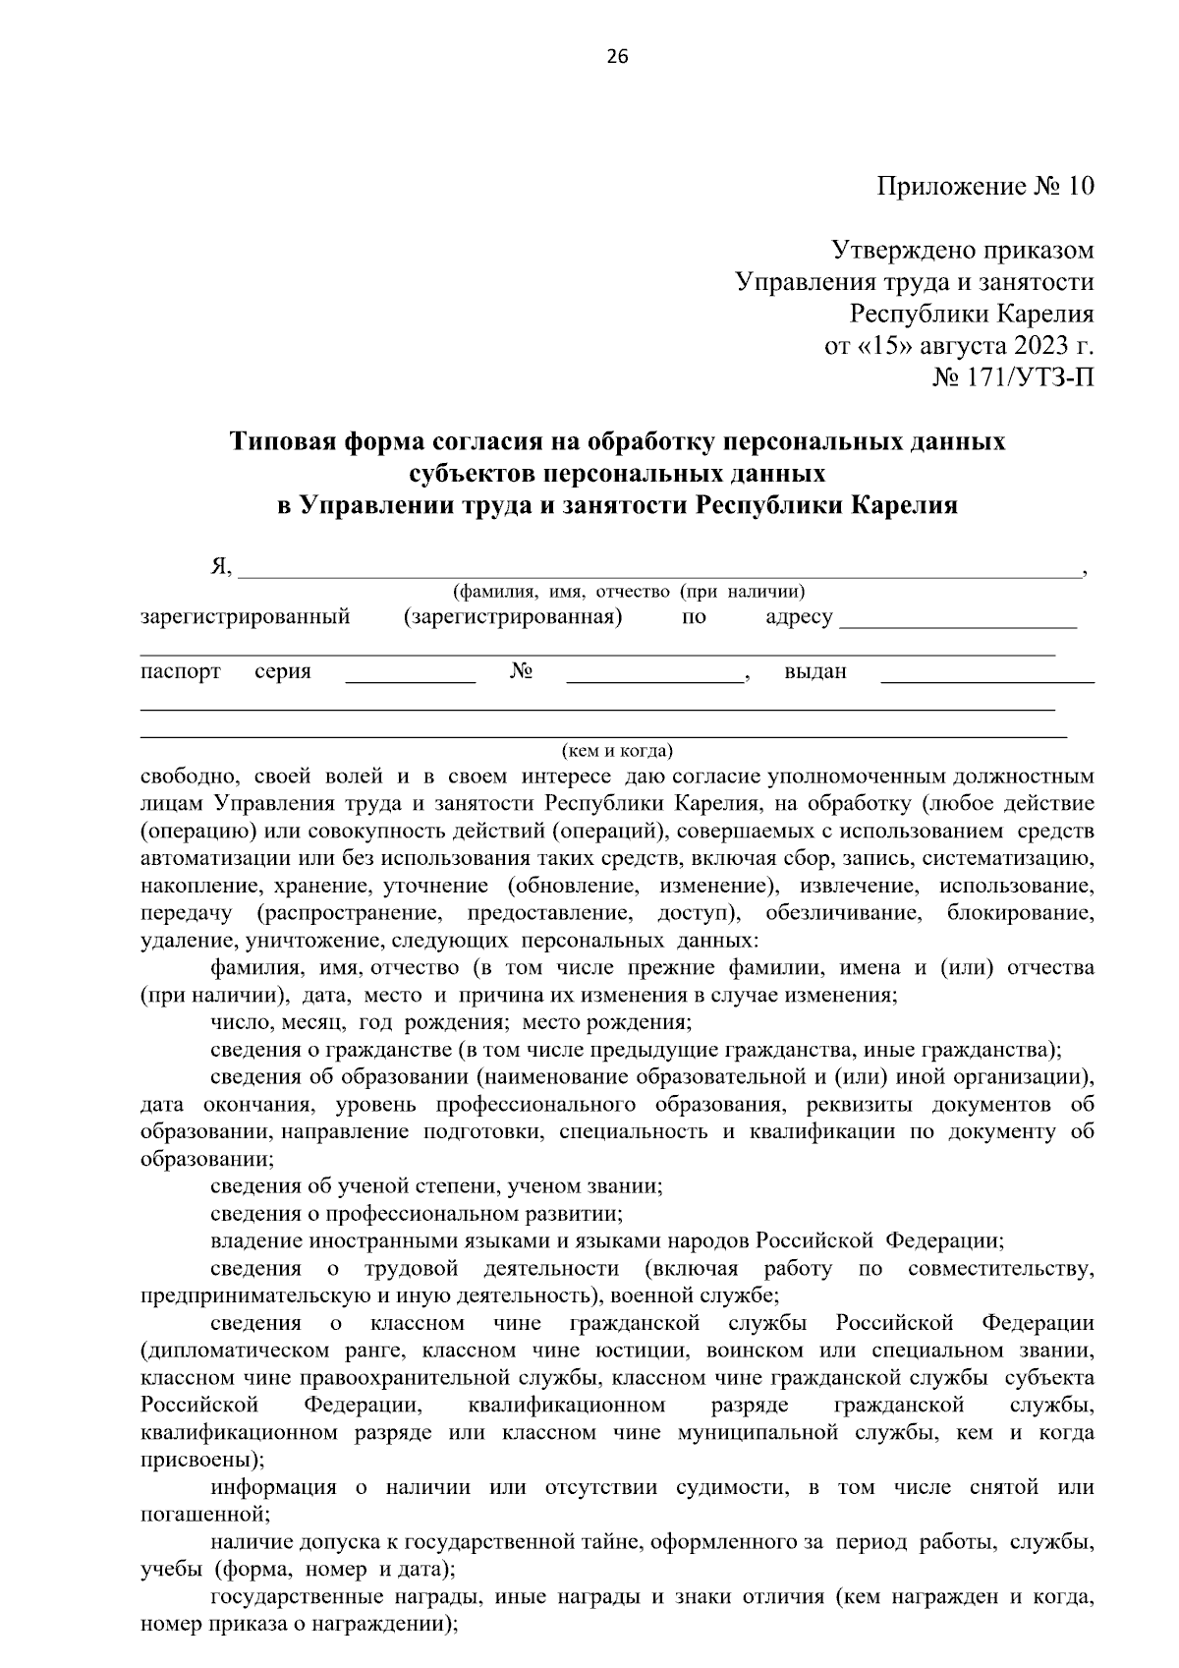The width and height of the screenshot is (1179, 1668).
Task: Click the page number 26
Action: pyautogui.click(x=618, y=56)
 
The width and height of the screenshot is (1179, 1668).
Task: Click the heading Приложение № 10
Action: pyautogui.click(x=984, y=187)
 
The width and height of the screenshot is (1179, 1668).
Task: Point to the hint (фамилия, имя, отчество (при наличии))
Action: pyautogui.click(x=629, y=592)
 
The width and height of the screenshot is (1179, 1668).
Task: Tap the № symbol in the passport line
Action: pyautogui.click(x=522, y=672)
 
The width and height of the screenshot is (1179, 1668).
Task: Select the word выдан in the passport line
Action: pyautogui.click(x=815, y=672)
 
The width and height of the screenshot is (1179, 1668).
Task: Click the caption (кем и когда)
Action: pyautogui.click(x=617, y=752)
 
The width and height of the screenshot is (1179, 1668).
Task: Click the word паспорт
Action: pyautogui.click(x=181, y=672)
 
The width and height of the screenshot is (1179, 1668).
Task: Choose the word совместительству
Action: pyautogui.click(x=1000, y=1269)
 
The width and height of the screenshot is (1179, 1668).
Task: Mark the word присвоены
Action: pyautogui.click(x=196, y=1460)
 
